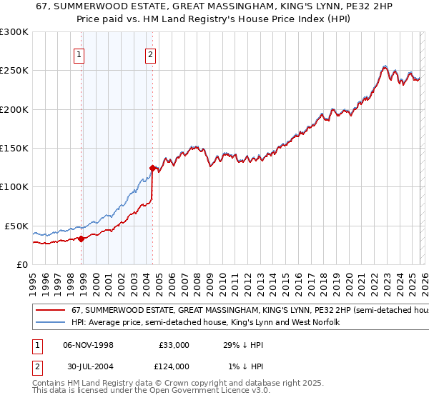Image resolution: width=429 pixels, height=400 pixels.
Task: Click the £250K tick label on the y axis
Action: coord(14,71)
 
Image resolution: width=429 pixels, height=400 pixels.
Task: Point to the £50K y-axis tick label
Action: coord(16,226)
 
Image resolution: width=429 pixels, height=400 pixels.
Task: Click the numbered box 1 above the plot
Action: coord(79,54)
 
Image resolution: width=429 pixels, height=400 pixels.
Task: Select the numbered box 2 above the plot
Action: coord(151,54)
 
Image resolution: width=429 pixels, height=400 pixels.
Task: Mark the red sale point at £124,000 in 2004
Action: coord(152,169)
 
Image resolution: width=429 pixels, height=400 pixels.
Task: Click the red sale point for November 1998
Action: coord(81,239)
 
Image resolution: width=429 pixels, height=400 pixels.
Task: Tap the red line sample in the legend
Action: coord(49,311)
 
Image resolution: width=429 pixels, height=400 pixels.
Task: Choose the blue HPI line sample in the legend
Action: coord(49,323)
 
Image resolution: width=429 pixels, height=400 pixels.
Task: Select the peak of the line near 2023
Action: coord(385,66)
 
